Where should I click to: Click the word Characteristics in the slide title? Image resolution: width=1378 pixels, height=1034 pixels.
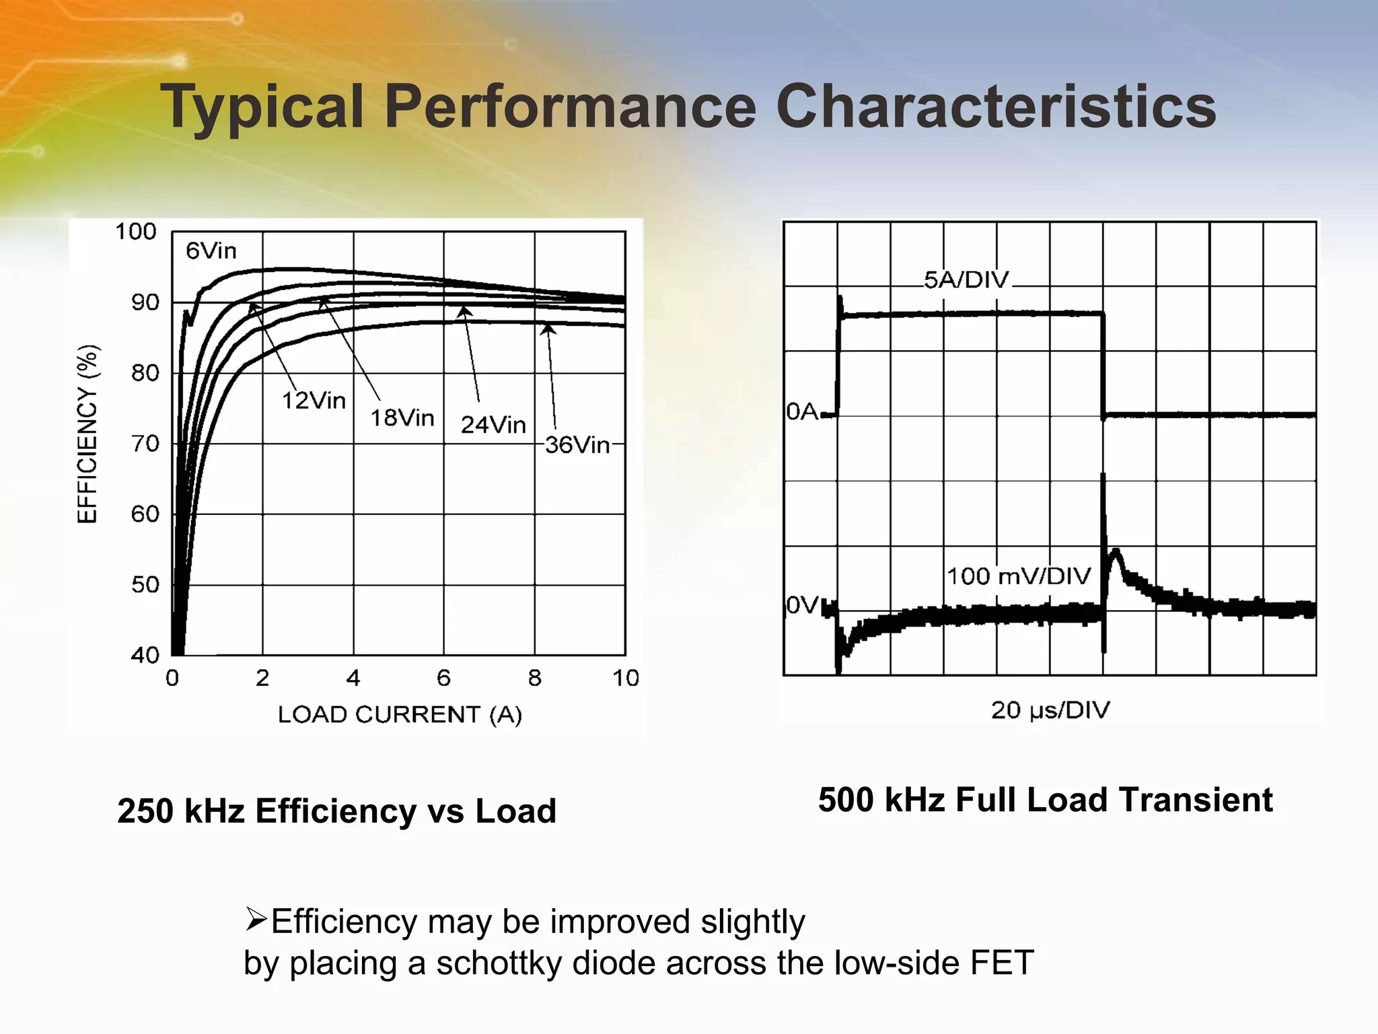(x=996, y=106)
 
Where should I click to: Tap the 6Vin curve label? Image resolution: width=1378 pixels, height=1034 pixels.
(x=211, y=251)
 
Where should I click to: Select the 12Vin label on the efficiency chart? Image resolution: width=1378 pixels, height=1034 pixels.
(x=314, y=401)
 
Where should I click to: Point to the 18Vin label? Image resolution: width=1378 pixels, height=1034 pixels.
(x=402, y=418)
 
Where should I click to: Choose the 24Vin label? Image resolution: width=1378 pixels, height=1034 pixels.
(x=493, y=425)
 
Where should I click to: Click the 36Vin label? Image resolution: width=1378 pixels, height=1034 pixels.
(x=577, y=445)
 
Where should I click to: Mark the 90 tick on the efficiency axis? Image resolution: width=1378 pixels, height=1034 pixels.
(x=145, y=303)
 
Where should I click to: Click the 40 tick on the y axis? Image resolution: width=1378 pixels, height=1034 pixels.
(x=145, y=655)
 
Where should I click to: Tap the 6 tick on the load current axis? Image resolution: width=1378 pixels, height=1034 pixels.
(x=443, y=678)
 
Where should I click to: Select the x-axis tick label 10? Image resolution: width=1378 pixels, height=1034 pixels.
(x=625, y=678)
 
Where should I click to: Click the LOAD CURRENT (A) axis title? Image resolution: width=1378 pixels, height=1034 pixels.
(x=400, y=714)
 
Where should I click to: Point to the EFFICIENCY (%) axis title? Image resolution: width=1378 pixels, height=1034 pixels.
(x=88, y=434)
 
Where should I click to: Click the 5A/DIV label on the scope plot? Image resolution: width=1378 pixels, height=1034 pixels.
(x=966, y=280)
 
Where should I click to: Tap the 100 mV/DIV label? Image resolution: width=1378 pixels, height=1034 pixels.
(x=1018, y=576)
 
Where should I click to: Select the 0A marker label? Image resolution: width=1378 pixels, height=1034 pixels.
(x=802, y=411)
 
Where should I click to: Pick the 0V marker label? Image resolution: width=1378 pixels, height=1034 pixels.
(x=802, y=605)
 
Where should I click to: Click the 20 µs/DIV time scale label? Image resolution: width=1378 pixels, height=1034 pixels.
(x=1050, y=710)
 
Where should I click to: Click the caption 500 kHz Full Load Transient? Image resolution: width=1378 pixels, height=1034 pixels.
(x=1045, y=800)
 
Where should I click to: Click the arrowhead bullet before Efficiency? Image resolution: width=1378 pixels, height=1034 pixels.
(x=256, y=918)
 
